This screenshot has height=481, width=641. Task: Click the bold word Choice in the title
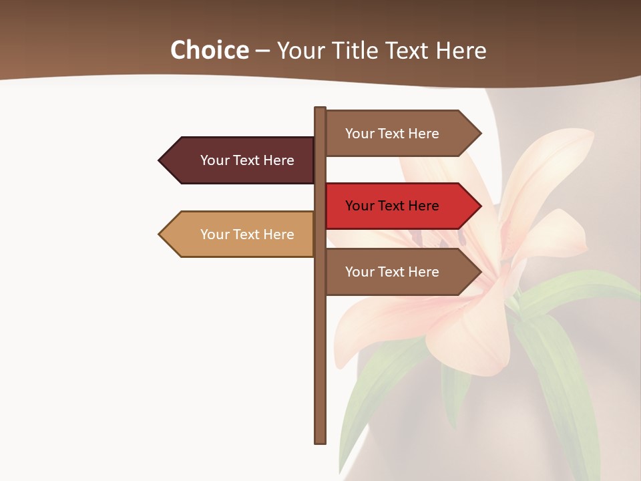click(x=209, y=50)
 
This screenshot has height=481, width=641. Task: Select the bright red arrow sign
click(x=401, y=206)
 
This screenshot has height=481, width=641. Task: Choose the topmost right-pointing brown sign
click(x=401, y=134)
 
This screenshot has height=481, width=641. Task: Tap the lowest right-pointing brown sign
click(x=401, y=272)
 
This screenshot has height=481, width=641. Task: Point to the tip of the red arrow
click(x=479, y=206)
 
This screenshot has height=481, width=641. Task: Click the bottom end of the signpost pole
click(x=320, y=441)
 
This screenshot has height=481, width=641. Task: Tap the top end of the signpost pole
click(x=320, y=109)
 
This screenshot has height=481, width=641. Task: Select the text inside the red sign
click(x=392, y=206)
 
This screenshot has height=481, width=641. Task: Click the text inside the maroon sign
click(x=247, y=160)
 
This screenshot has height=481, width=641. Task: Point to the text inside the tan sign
click(x=247, y=234)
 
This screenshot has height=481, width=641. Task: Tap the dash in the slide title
click(x=262, y=50)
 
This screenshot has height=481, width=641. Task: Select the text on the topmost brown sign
click(x=392, y=134)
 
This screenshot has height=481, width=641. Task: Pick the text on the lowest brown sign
click(x=392, y=272)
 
